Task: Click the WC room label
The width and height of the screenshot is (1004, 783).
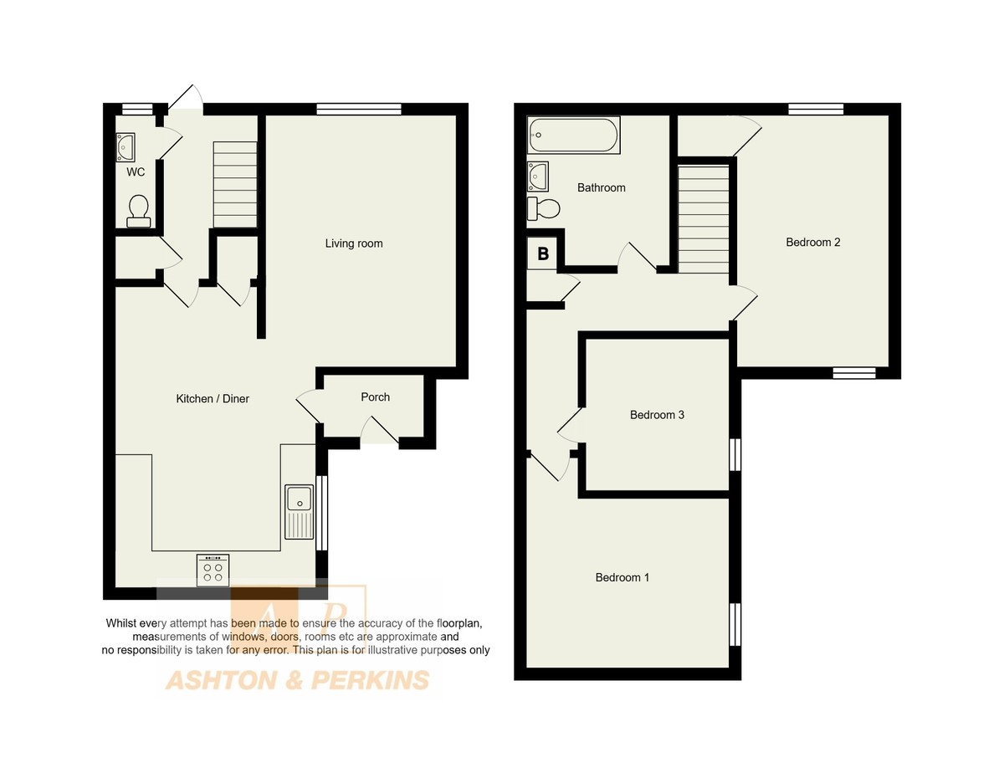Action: click(136, 172)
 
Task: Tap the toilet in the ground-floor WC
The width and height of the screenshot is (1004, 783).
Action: click(139, 211)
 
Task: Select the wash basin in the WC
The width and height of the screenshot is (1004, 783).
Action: click(125, 147)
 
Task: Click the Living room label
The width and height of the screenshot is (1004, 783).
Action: click(354, 243)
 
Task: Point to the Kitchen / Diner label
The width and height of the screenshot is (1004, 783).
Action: click(213, 399)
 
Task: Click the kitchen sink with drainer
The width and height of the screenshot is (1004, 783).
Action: click(299, 512)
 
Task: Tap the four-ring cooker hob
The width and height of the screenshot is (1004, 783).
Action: click(213, 571)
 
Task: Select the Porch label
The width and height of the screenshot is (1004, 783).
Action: click(375, 397)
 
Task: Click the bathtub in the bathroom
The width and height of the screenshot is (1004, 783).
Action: click(573, 135)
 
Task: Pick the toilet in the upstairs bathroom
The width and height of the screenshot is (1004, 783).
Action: click(543, 209)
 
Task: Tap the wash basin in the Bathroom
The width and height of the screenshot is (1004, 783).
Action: click(538, 176)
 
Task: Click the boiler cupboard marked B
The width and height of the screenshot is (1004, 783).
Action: click(542, 253)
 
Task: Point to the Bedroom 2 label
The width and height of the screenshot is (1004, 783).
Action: click(813, 243)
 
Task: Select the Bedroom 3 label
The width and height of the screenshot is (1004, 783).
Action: click(657, 415)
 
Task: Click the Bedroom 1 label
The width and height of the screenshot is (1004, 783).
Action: click(622, 577)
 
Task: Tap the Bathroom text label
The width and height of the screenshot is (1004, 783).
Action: click(601, 187)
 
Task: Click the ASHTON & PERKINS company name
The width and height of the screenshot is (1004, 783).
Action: click(298, 680)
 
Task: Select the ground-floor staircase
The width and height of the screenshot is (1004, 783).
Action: click(235, 184)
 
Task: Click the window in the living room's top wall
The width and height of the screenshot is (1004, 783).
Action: click(359, 110)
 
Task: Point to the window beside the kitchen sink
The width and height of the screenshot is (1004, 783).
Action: click(321, 513)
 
